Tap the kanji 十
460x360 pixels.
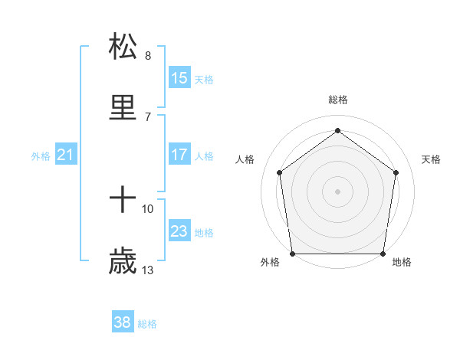[x=123, y=200]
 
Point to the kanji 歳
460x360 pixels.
[x=123, y=261]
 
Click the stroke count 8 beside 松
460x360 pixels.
[x=148, y=56]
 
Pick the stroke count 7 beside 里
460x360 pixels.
[x=148, y=116]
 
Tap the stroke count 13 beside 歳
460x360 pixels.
[x=148, y=270]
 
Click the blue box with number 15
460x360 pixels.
[x=179, y=77]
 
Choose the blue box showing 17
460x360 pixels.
[x=179, y=154]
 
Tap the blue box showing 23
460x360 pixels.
[x=179, y=231]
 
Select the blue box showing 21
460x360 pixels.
[x=66, y=155]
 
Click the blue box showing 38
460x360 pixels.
[x=122, y=322]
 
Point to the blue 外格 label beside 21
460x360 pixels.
[x=41, y=156]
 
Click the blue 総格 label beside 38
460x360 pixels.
[x=147, y=324]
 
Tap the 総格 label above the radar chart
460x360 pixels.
[x=337, y=100]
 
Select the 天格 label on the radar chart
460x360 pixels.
[x=432, y=159]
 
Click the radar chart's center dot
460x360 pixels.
[x=337, y=191]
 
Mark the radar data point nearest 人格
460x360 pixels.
[x=279, y=172]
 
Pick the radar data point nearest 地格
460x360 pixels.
[x=383, y=254]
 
